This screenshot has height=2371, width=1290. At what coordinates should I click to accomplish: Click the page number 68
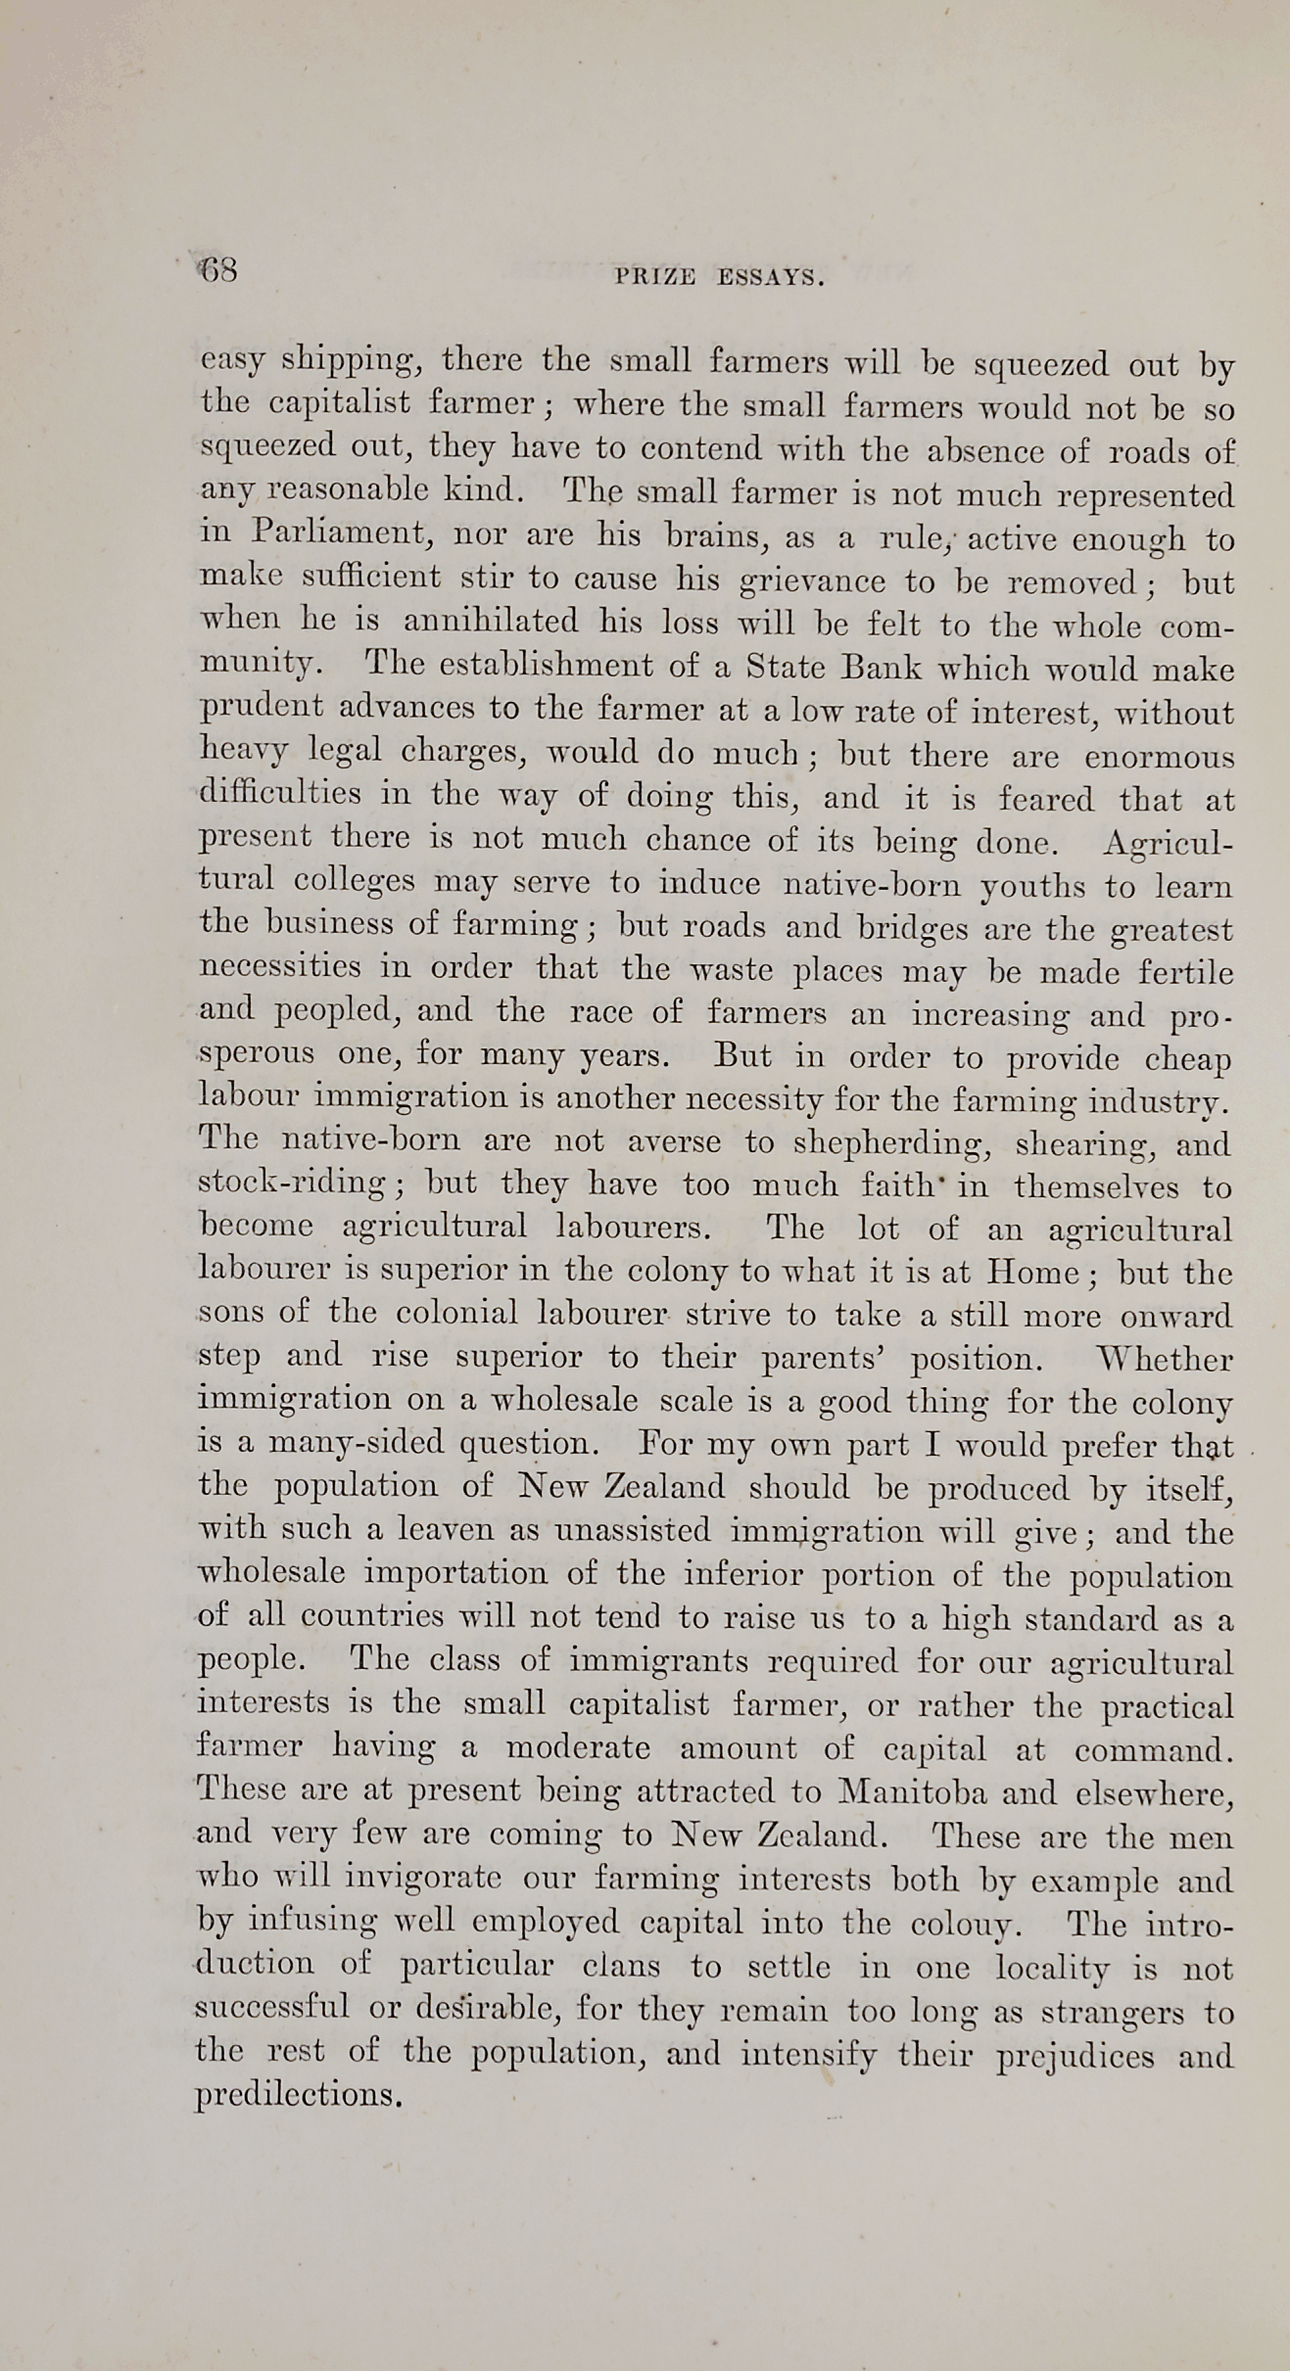point(218,269)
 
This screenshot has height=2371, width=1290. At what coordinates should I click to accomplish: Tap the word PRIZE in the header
point(655,278)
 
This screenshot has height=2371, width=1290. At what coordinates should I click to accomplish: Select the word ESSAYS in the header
point(771,278)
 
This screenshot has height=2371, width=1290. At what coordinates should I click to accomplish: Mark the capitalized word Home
point(1033,1272)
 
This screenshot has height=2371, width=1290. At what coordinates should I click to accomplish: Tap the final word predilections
point(299,2094)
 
